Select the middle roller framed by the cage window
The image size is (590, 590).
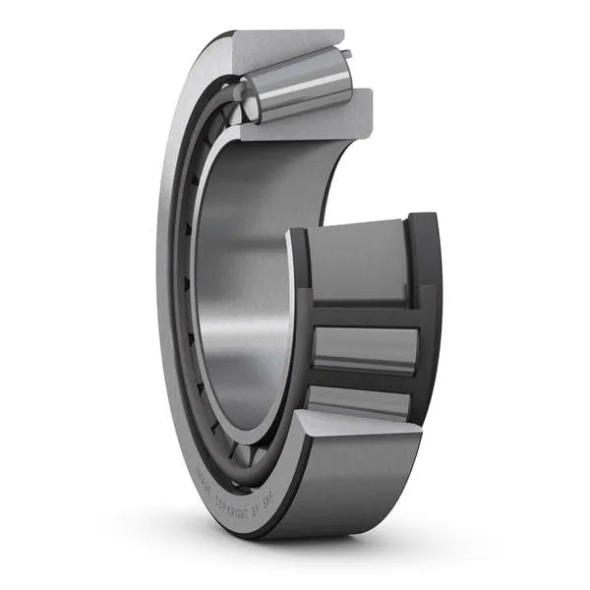click(x=364, y=349)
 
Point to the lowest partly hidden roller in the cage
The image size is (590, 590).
click(x=359, y=401)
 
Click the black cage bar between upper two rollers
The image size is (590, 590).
click(x=364, y=314)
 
